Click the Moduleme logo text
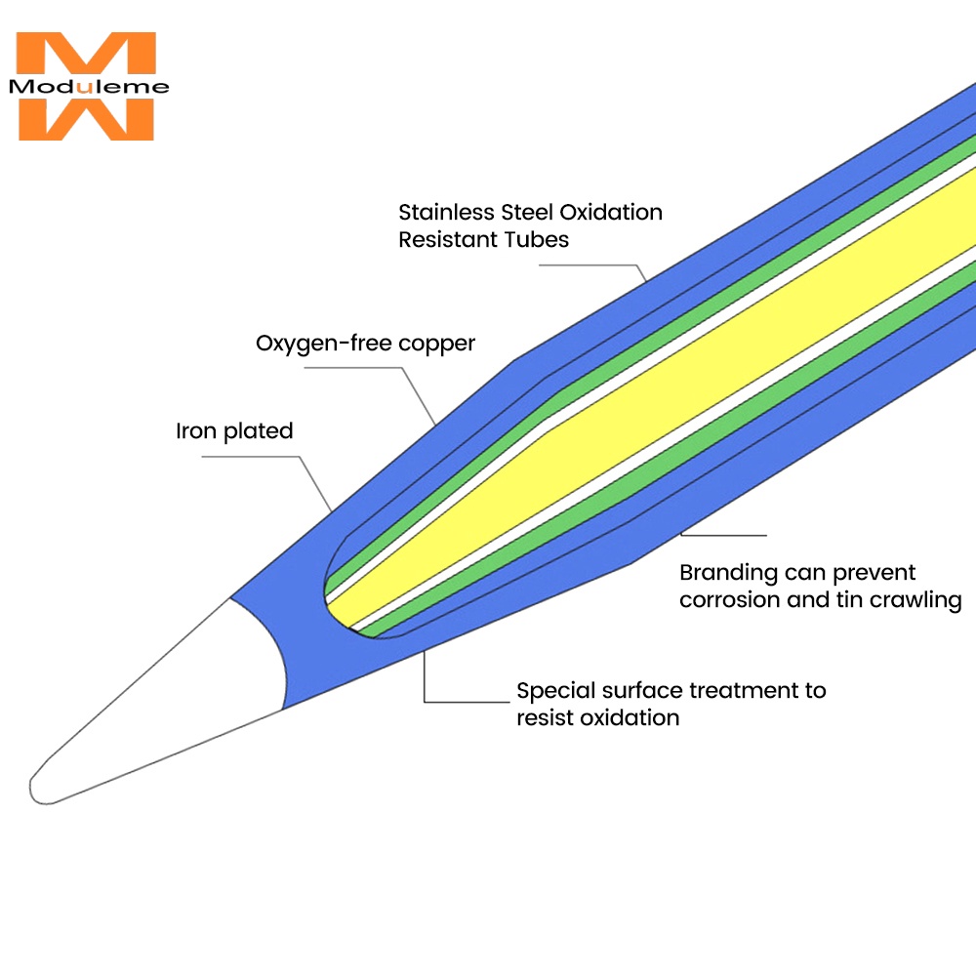click(x=89, y=87)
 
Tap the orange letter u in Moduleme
click(x=85, y=88)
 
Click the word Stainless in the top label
click(x=446, y=212)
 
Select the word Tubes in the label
click(x=537, y=240)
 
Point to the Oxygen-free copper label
click(x=365, y=344)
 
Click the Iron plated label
click(x=234, y=430)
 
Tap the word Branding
click(x=728, y=573)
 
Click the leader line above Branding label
click(x=723, y=535)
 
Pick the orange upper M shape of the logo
click(x=86, y=53)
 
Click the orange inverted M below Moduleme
click(x=86, y=119)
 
